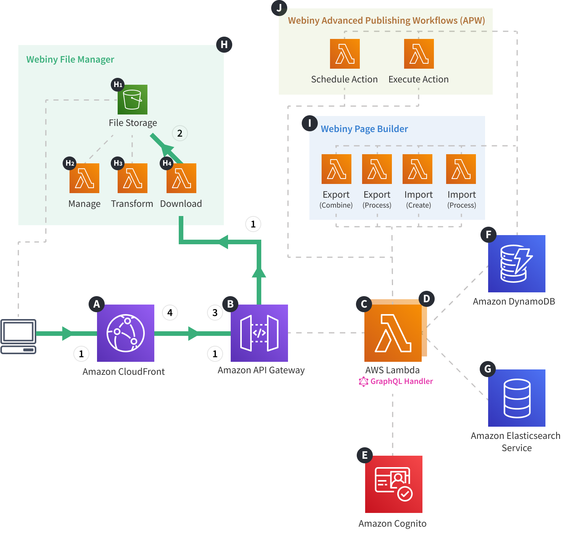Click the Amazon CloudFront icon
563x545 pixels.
(x=125, y=333)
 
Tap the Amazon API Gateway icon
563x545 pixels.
(x=259, y=333)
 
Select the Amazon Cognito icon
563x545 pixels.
(x=393, y=484)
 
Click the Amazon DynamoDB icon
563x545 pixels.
(x=516, y=264)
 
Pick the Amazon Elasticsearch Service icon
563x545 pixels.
(x=516, y=398)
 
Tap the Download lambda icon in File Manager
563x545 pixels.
(x=181, y=178)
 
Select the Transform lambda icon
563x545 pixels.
(x=132, y=178)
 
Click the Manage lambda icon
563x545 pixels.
(x=84, y=178)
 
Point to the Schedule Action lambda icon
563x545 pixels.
(x=345, y=54)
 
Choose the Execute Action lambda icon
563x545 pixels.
(x=419, y=54)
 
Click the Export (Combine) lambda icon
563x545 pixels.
(x=336, y=169)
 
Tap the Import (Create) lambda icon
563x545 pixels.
(x=417, y=169)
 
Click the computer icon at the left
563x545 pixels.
(x=18, y=336)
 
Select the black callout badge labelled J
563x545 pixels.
(x=279, y=8)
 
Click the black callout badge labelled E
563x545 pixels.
(x=364, y=455)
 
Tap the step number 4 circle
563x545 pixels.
(x=170, y=313)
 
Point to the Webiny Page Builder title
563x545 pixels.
(x=364, y=129)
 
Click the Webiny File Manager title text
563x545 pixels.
(x=70, y=60)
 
